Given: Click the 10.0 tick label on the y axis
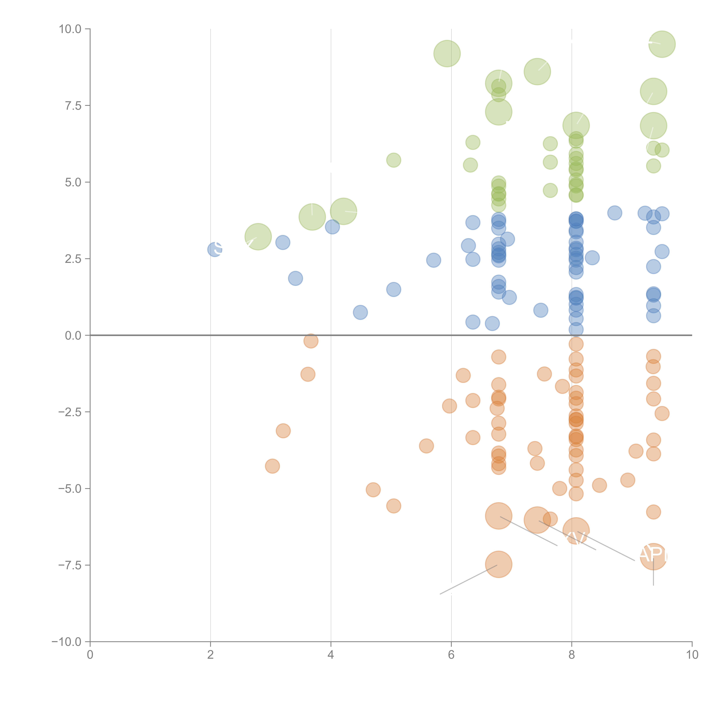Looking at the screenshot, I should [70, 29].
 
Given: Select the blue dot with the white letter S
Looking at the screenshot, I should [215, 249].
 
